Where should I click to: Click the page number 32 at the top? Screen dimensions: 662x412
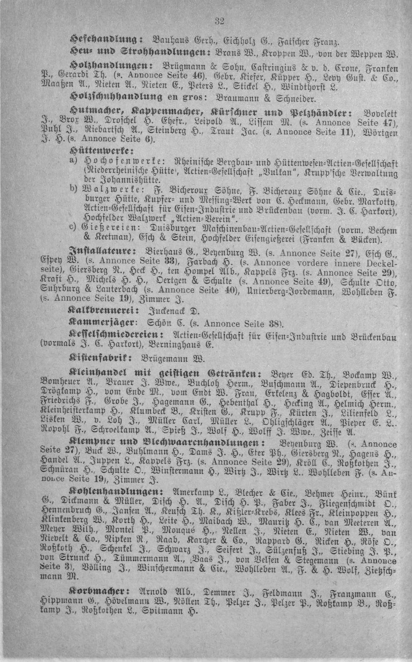pos(219,21)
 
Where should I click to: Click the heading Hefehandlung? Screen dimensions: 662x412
pos(106,40)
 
